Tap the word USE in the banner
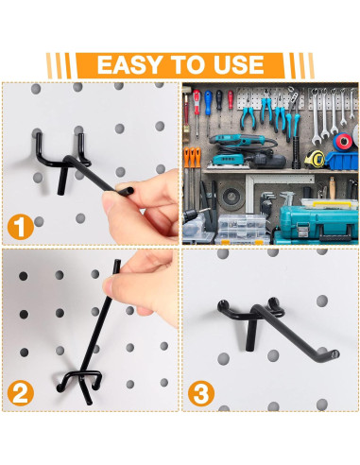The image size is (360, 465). click(x=238, y=65)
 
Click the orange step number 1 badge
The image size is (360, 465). click(x=21, y=227)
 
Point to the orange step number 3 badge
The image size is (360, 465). click(x=201, y=393)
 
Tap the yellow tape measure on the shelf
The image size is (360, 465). click(x=315, y=159)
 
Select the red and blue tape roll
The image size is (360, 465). click(x=343, y=142)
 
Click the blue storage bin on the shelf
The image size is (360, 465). click(x=341, y=161)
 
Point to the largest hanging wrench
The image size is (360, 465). click(x=316, y=116)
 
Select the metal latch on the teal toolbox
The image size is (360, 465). click(x=302, y=229)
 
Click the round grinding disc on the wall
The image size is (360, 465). click(x=231, y=197)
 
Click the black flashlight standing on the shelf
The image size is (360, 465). click(x=296, y=152)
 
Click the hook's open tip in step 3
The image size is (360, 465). click(x=335, y=354)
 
